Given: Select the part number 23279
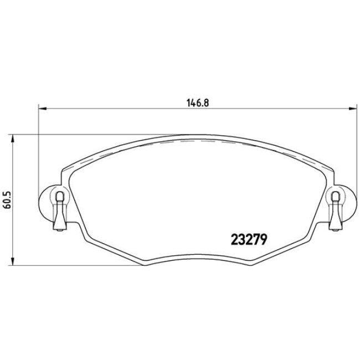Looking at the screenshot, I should coord(249,240).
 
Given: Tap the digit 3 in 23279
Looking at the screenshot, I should coord(241,240).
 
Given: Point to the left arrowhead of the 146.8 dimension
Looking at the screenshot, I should coord(41,109).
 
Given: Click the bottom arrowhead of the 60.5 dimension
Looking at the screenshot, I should coord(14,262).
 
